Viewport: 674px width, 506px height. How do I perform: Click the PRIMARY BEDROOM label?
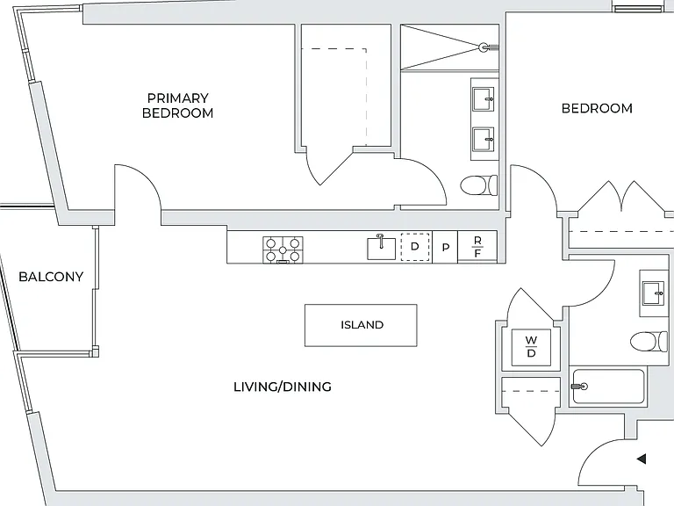(x=177, y=105)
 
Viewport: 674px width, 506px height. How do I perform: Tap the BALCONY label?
(x=51, y=277)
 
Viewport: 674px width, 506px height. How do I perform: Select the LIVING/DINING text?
(x=283, y=387)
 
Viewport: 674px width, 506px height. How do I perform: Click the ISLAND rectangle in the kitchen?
(x=361, y=325)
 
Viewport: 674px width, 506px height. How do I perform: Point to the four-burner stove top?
(x=283, y=249)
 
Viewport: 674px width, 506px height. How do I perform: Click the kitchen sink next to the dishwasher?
(x=381, y=248)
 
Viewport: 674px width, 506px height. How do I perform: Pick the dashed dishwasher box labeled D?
(x=415, y=247)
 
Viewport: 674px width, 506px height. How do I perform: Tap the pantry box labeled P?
(x=445, y=247)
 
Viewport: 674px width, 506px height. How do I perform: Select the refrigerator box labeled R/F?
(x=477, y=247)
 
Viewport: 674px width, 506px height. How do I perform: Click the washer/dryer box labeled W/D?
(x=531, y=347)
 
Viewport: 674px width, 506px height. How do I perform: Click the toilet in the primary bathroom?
(x=479, y=185)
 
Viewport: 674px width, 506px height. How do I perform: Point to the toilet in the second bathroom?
(x=649, y=342)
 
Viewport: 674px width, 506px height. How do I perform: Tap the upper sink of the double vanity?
(x=484, y=99)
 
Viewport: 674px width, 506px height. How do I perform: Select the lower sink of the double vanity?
(x=484, y=140)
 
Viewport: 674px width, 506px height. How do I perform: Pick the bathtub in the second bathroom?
(x=608, y=387)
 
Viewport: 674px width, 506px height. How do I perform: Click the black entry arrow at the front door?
(x=642, y=459)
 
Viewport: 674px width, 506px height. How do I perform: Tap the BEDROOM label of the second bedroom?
(x=597, y=108)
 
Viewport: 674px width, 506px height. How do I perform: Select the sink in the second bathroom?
(x=653, y=293)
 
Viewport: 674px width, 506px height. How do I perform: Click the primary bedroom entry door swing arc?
(x=147, y=177)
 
